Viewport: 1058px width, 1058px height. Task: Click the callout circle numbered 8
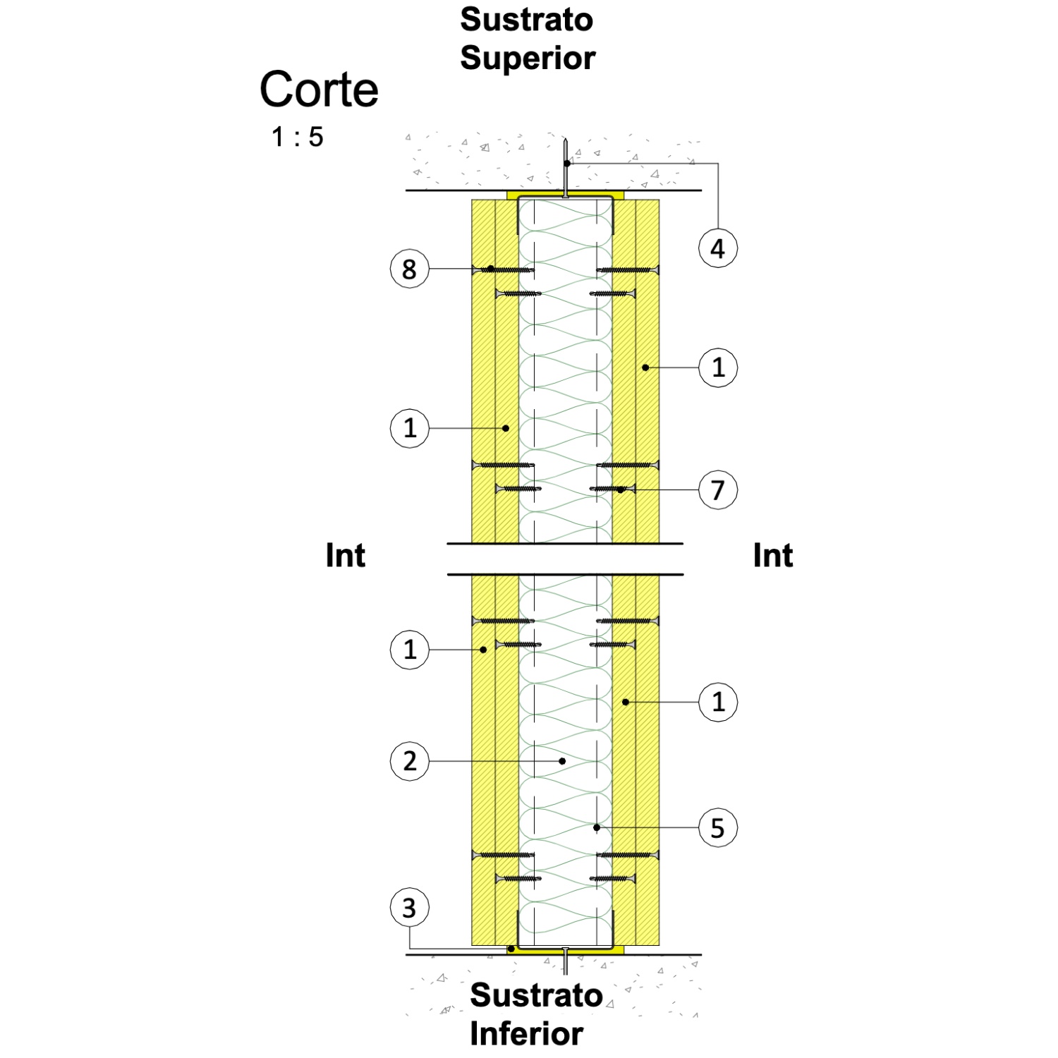click(409, 269)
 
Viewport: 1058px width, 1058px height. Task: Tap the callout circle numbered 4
click(718, 248)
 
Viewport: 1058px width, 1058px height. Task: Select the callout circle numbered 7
click(718, 490)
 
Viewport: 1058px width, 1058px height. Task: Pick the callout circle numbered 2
click(409, 761)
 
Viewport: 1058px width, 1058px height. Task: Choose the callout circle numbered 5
click(718, 827)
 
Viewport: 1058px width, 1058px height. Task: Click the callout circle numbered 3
click(409, 908)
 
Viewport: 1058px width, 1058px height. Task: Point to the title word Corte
click(319, 90)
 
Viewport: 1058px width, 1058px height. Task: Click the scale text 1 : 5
click(298, 137)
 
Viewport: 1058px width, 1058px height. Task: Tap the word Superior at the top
click(528, 58)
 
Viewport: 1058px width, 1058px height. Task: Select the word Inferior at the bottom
click(526, 1033)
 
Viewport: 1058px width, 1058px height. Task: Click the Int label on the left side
click(346, 556)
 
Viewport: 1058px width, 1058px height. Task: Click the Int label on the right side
click(773, 556)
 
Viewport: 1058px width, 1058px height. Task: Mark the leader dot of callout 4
click(567, 164)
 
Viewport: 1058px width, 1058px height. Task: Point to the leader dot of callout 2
click(562, 761)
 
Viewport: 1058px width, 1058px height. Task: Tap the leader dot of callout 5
click(597, 827)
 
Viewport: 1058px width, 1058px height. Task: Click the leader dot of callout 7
click(621, 490)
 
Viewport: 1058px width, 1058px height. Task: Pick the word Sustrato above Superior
click(526, 20)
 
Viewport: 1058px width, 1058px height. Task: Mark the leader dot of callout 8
click(491, 269)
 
